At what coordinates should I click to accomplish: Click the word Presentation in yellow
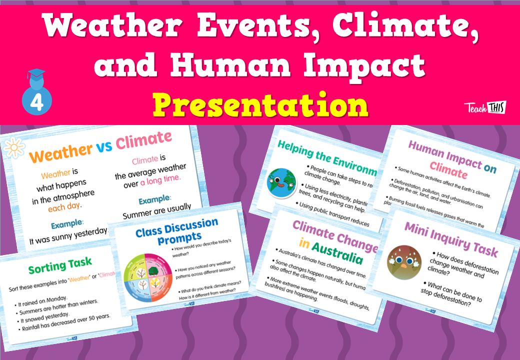(260, 105)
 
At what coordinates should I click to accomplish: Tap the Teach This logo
(485, 107)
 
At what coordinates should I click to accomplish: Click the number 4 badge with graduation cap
(36, 95)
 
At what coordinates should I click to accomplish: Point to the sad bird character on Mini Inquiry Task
(404, 262)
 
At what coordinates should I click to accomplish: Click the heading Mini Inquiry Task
(450, 240)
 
